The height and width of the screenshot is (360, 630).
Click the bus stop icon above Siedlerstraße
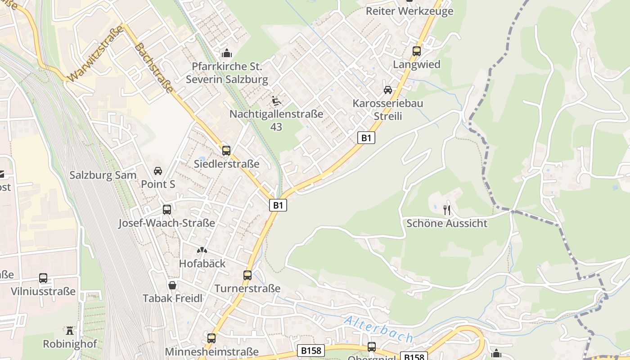click(226, 151)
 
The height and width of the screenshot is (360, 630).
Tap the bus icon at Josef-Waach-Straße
click(166, 210)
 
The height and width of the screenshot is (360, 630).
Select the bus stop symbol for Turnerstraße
click(247, 275)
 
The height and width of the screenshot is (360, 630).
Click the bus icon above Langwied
click(417, 51)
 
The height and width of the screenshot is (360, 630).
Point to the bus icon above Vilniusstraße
click(43, 278)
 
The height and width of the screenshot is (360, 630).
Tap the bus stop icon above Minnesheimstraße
click(211, 338)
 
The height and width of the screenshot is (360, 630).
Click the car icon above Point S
click(158, 171)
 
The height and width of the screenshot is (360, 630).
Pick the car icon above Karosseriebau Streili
click(387, 90)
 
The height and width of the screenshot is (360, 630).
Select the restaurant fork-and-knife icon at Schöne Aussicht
click(447, 210)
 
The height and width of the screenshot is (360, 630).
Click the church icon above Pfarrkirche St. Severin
click(227, 53)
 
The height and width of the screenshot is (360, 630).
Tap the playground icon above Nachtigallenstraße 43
click(276, 101)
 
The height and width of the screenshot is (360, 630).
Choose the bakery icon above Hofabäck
click(202, 250)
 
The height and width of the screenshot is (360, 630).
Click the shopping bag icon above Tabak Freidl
click(172, 285)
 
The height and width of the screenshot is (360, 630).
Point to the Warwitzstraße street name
click(96, 53)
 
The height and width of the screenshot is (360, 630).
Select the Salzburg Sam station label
click(103, 175)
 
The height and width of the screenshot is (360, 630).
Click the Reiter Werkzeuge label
click(409, 11)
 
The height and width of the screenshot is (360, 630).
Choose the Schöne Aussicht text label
click(447, 223)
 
